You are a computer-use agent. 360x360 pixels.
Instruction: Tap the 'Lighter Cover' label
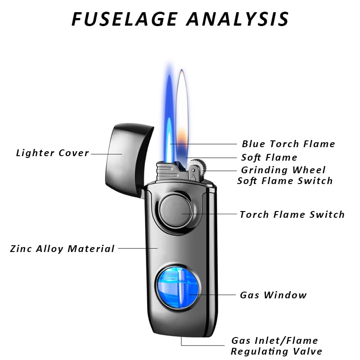click(x=53, y=153)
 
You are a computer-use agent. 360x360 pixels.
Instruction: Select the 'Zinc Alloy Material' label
click(x=63, y=248)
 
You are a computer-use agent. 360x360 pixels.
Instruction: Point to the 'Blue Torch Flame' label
click(x=288, y=144)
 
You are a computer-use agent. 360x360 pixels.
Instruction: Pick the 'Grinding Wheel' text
click(x=283, y=170)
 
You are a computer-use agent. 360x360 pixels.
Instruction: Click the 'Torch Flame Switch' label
click(x=292, y=214)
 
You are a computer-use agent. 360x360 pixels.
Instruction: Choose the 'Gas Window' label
click(x=273, y=295)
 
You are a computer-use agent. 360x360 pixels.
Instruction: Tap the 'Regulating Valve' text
click(x=277, y=351)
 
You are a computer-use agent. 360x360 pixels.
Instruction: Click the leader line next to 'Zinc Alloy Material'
click(x=137, y=248)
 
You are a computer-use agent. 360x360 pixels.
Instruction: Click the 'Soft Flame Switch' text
click(x=285, y=181)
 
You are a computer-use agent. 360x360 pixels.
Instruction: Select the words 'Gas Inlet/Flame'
click(x=274, y=341)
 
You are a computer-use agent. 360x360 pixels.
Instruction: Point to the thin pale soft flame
click(x=182, y=108)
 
